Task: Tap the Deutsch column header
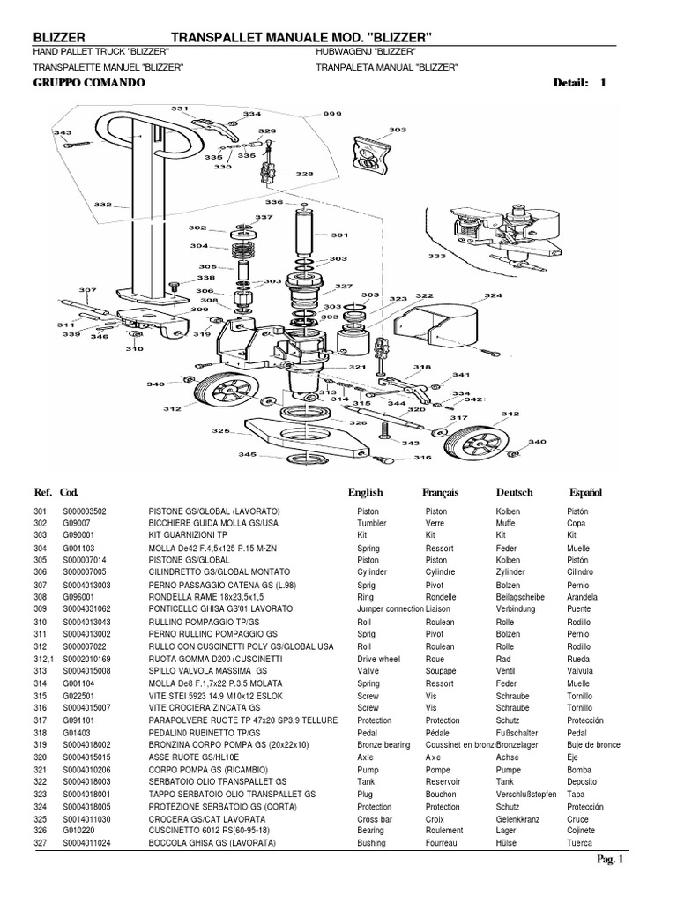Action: pos(515,492)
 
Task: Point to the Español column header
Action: pos(584,492)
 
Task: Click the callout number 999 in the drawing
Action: pos(309,114)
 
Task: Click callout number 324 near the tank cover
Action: pos(493,295)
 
